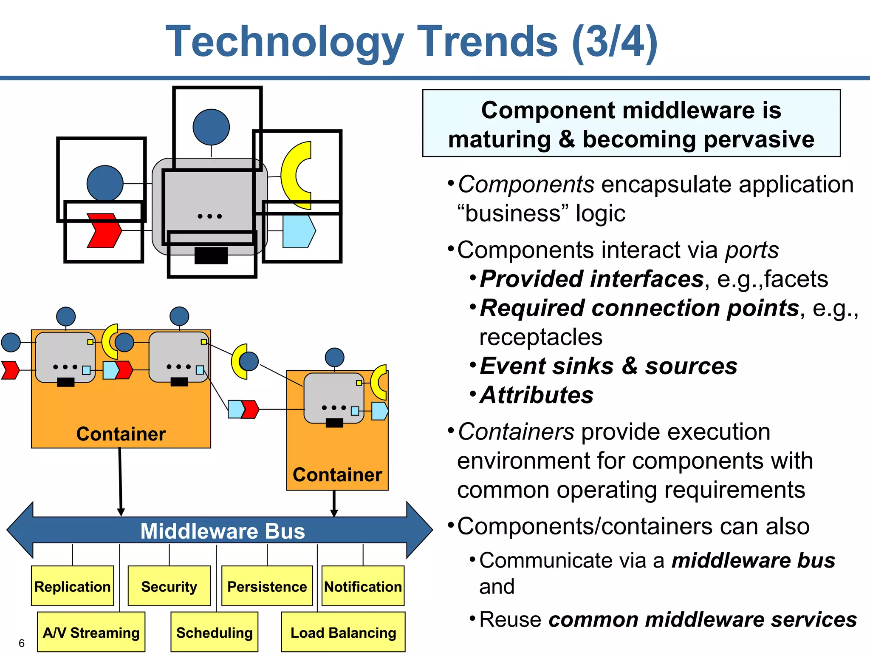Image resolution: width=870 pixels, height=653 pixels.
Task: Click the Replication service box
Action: (72, 586)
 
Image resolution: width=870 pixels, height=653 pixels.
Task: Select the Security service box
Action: (169, 586)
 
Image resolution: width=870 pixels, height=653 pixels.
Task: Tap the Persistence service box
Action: (267, 586)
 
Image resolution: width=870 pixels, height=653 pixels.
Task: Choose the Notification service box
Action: (363, 586)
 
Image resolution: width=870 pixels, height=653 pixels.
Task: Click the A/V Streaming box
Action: (91, 632)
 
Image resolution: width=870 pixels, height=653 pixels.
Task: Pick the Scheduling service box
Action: (214, 632)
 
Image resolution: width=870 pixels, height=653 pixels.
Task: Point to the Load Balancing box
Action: (343, 632)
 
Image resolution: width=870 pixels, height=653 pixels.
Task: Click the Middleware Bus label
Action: (223, 531)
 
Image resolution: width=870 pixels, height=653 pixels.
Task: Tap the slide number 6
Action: (22, 643)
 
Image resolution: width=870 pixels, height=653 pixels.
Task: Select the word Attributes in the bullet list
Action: (537, 395)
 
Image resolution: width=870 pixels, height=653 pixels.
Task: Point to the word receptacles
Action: (540, 337)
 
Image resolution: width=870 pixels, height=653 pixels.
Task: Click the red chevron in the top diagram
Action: (104, 230)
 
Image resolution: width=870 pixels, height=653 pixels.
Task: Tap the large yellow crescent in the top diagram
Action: (294, 175)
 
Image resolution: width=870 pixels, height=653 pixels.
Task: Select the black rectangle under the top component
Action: (211, 256)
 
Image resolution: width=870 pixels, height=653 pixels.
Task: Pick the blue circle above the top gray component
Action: (211, 127)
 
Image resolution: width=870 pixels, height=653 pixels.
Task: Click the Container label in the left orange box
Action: (121, 434)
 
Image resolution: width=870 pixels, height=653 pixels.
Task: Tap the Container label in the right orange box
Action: (337, 475)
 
